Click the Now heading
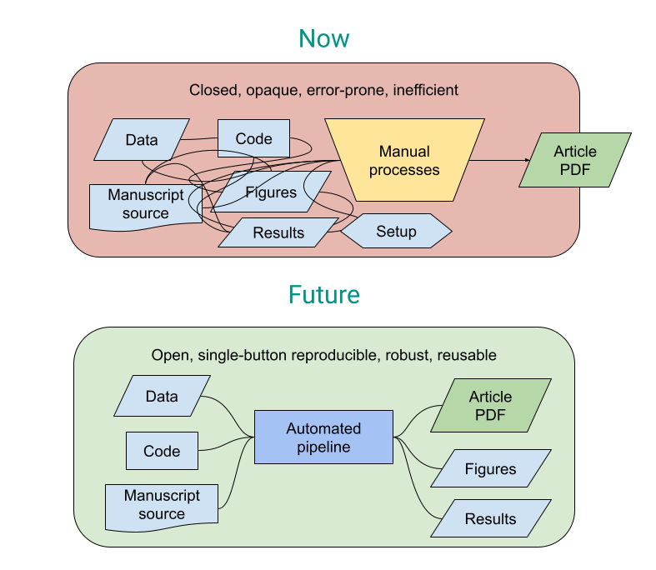(x=324, y=39)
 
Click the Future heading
(x=324, y=295)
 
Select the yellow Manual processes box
(x=404, y=161)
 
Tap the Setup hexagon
(x=396, y=231)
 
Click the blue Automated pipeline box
(x=323, y=437)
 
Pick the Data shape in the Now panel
(x=142, y=140)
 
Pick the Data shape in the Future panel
(x=162, y=397)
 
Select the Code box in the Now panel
(x=253, y=138)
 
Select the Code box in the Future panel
(x=162, y=451)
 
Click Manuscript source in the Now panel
(x=145, y=205)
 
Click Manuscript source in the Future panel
(x=162, y=504)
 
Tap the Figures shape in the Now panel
(x=271, y=192)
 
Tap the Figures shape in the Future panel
(x=490, y=469)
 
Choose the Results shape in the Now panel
(x=278, y=232)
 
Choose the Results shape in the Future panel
(x=490, y=519)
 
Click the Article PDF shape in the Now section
(x=575, y=160)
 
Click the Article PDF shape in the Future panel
(x=490, y=406)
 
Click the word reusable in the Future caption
(x=465, y=355)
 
